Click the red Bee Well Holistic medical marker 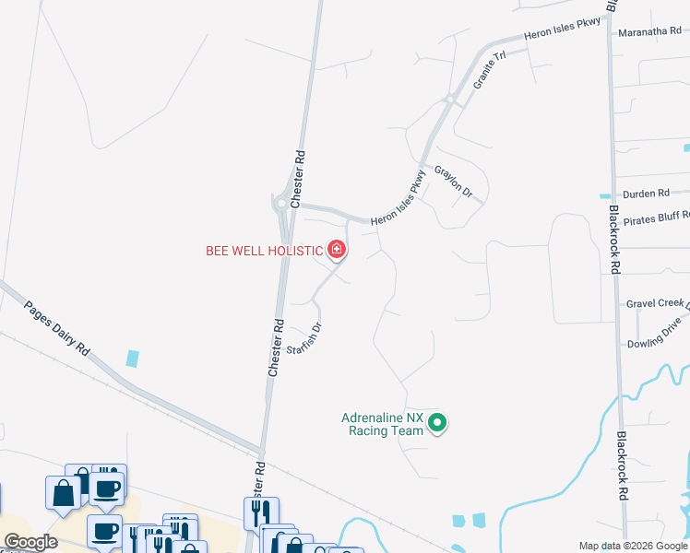point(337,250)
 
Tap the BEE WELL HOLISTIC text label point(264,250)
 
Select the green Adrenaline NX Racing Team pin point(438,424)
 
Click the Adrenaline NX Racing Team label point(382,424)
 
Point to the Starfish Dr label point(303,338)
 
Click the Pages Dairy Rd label point(57,330)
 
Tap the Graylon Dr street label point(453,182)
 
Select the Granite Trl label point(490,69)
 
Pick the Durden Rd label point(646,194)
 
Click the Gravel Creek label point(657,302)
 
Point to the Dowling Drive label point(658,333)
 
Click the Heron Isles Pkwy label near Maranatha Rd point(563,30)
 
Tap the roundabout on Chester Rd point(280,203)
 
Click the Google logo point(30,541)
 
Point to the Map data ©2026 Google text point(633,546)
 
